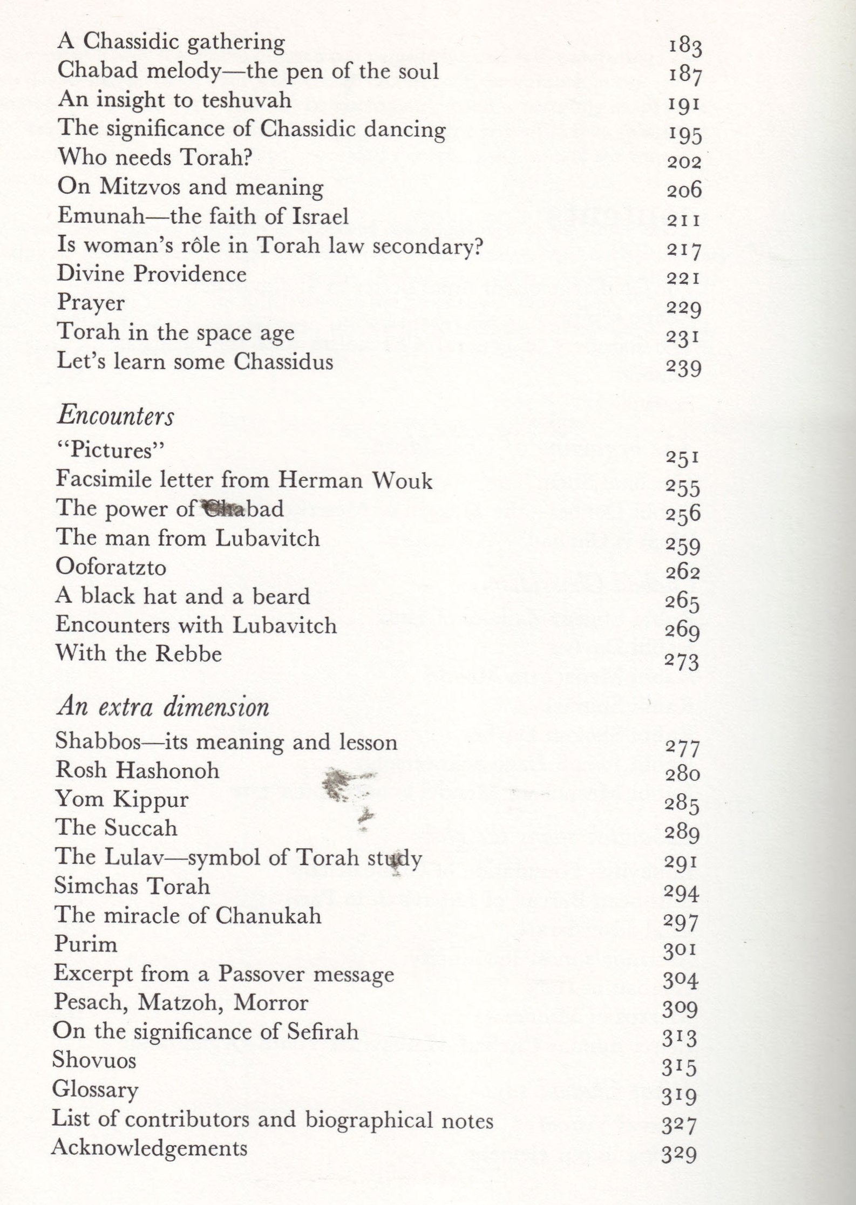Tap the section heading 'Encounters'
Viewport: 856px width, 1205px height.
click(116, 416)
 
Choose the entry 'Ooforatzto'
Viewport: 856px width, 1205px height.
click(111, 567)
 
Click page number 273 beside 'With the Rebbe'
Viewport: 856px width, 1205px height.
click(682, 661)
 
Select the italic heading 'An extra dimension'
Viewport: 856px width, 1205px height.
click(162, 707)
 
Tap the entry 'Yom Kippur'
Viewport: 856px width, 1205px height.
click(122, 799)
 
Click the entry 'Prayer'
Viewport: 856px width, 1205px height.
click(91, 303)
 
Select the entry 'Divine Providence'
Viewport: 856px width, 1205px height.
click(152, 274)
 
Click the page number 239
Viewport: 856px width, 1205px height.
click(684, 367)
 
